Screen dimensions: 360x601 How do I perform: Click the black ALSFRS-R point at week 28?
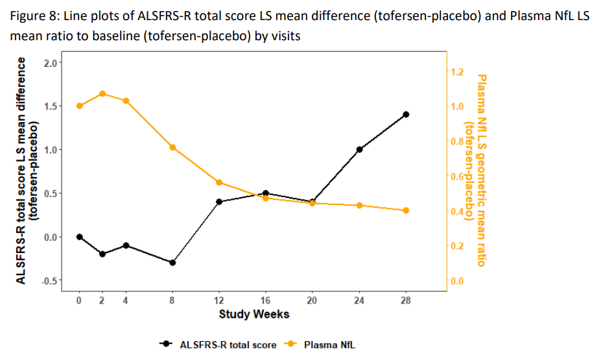click(406, 114)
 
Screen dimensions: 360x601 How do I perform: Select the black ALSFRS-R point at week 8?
click(172, 263)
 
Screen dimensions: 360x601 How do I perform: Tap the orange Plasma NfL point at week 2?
click(102, 93)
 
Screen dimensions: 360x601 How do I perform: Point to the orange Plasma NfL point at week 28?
click(406, 210)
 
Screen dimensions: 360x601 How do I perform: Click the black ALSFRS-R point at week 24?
click(359, 149)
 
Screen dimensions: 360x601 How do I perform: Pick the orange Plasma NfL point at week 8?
click(172, 147)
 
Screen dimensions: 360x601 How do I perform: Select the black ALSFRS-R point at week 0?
click(79, 237)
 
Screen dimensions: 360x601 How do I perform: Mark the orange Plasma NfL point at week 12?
click(219, 182)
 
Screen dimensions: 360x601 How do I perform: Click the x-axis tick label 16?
click(266, 300)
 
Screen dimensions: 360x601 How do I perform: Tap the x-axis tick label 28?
click(406, 300)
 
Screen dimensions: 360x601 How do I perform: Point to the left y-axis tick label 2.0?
click(51, 62)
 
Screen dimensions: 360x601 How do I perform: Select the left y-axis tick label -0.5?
click(49, 281)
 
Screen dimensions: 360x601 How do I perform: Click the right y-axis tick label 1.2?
click(457, 71)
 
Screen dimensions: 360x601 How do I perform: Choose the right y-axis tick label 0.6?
click(457, 176)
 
